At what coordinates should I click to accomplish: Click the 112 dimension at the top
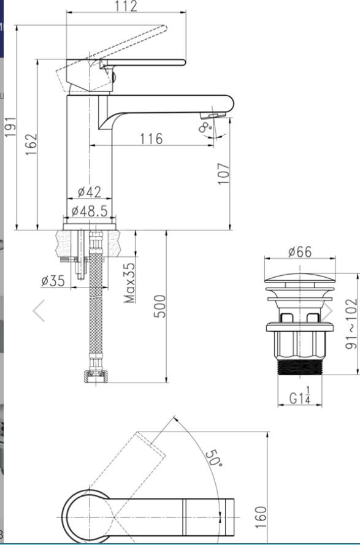click(126, 6)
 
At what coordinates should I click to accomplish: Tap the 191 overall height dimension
click(10, 126)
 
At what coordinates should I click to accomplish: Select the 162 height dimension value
click(31, 144)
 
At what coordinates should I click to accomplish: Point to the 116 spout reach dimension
click(151, 139)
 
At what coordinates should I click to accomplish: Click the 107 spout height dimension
click(224, 173)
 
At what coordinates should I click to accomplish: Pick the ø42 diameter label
click(90, 191)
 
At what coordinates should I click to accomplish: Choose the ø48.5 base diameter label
click(90, 211)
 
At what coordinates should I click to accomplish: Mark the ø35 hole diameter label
click(53, 281)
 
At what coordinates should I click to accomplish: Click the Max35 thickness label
click(129, 283)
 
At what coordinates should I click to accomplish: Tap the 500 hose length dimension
click(160, 306)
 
